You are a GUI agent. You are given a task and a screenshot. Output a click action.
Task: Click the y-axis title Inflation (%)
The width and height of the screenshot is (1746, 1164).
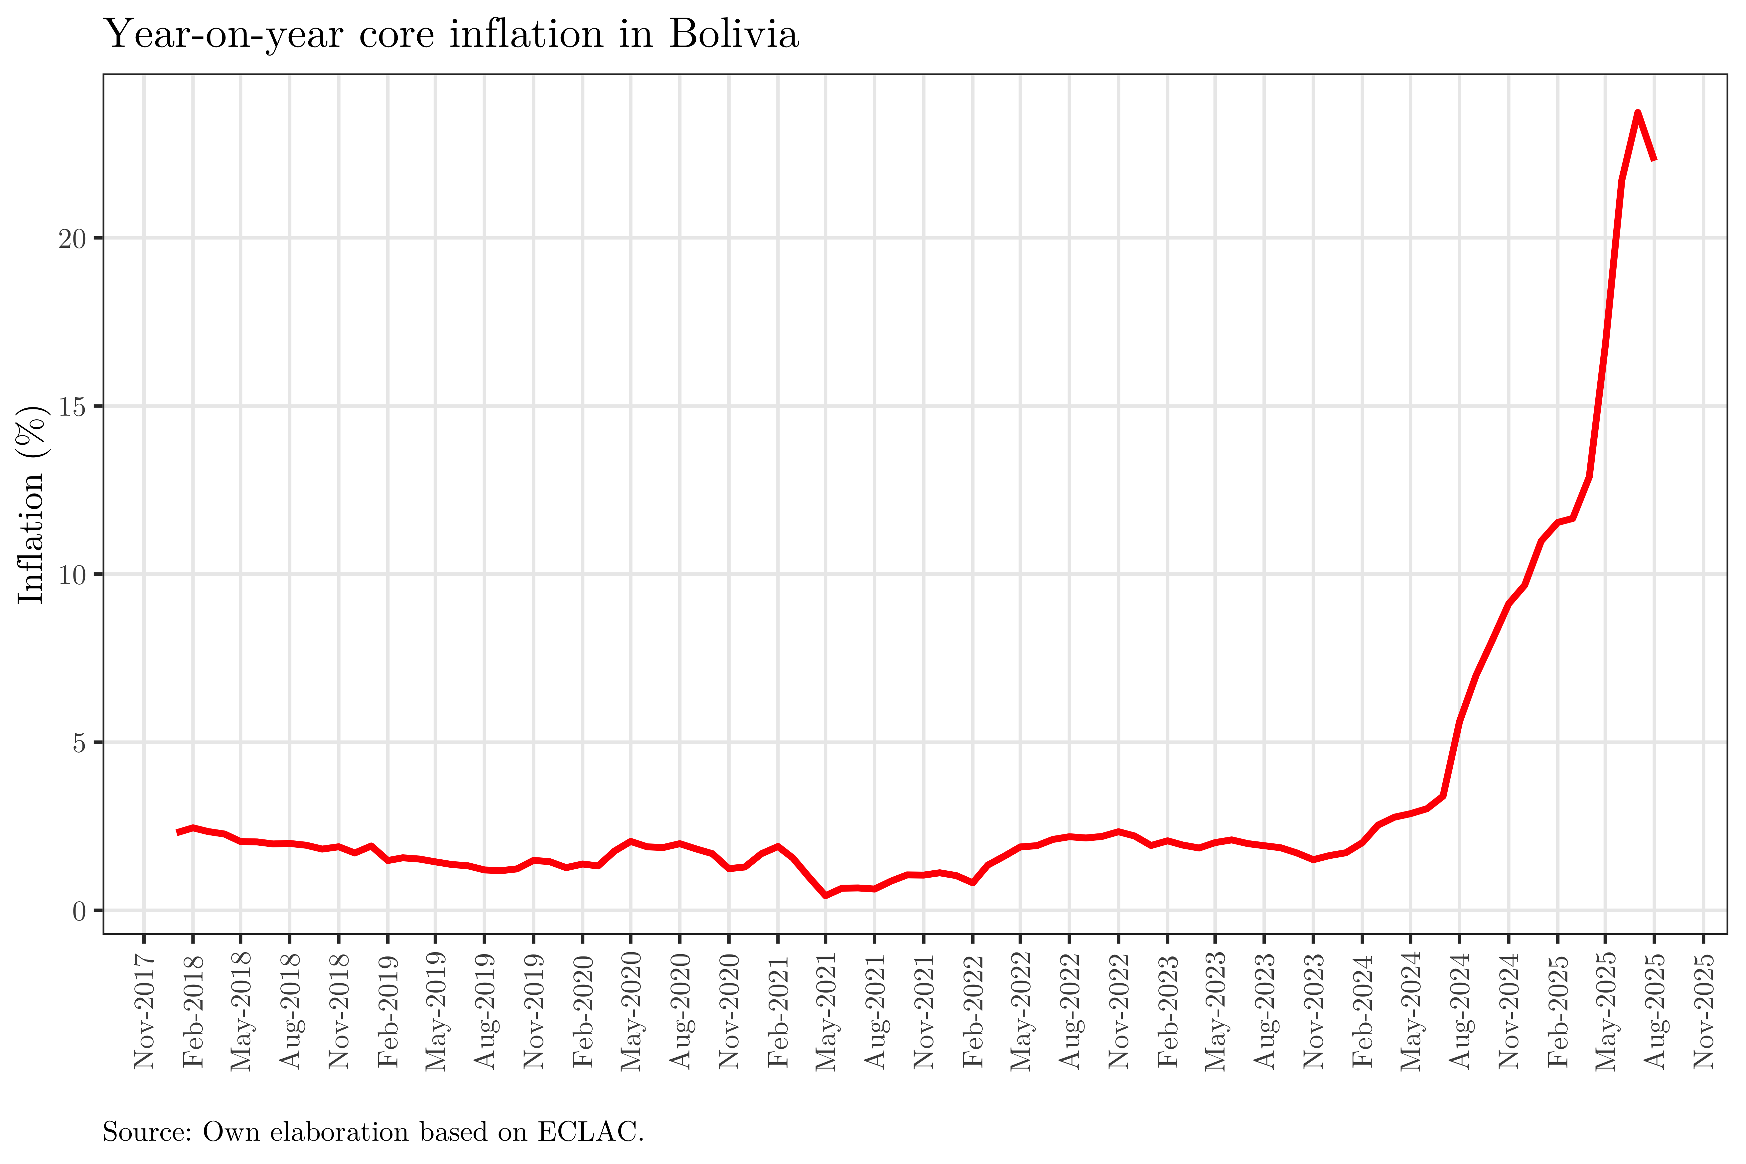click(31, 505)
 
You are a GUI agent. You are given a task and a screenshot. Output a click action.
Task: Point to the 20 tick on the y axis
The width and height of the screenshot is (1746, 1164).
click(72, 239)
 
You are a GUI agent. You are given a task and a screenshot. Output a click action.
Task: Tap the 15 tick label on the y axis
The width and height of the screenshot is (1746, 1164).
click(72, 407)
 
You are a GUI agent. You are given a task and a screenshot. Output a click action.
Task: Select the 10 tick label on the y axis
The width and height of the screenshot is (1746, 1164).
click(72, 575)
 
